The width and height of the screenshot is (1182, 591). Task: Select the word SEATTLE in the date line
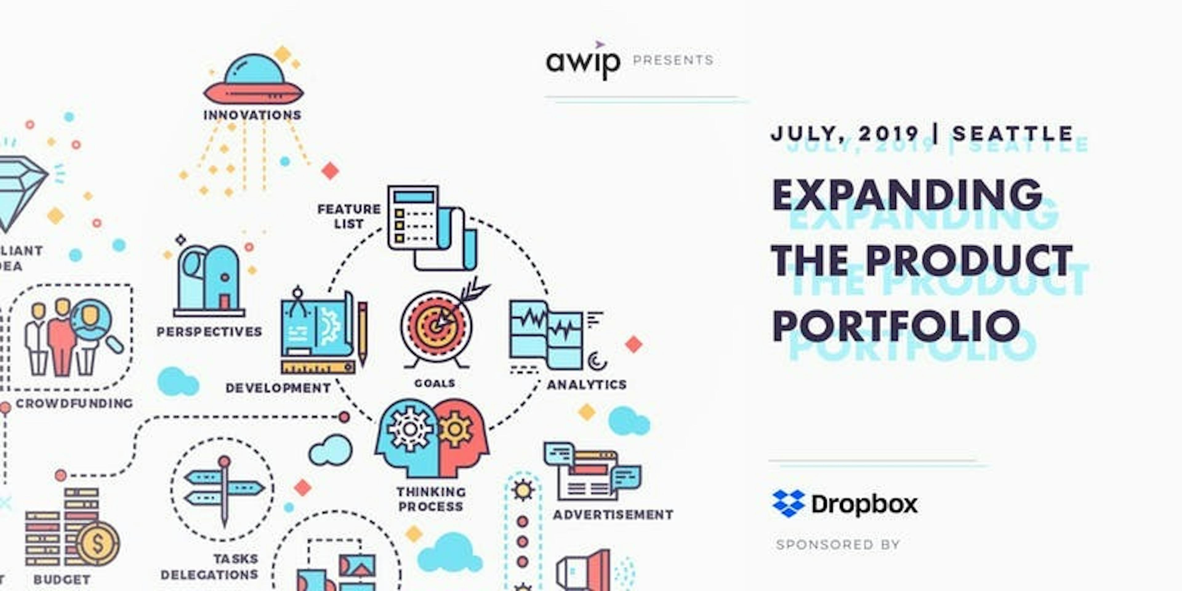(x=1013, y=134)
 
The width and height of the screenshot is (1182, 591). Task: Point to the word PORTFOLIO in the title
(x=896, y=325)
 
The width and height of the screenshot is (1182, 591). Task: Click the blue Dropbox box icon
(x=789, y=503)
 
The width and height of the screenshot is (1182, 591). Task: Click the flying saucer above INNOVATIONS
(x=253, y=80)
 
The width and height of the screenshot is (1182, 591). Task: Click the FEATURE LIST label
(x=349, y=216)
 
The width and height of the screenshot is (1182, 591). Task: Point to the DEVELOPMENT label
(x=278, y=388)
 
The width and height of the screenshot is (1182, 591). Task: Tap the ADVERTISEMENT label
(x=613, y=515)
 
